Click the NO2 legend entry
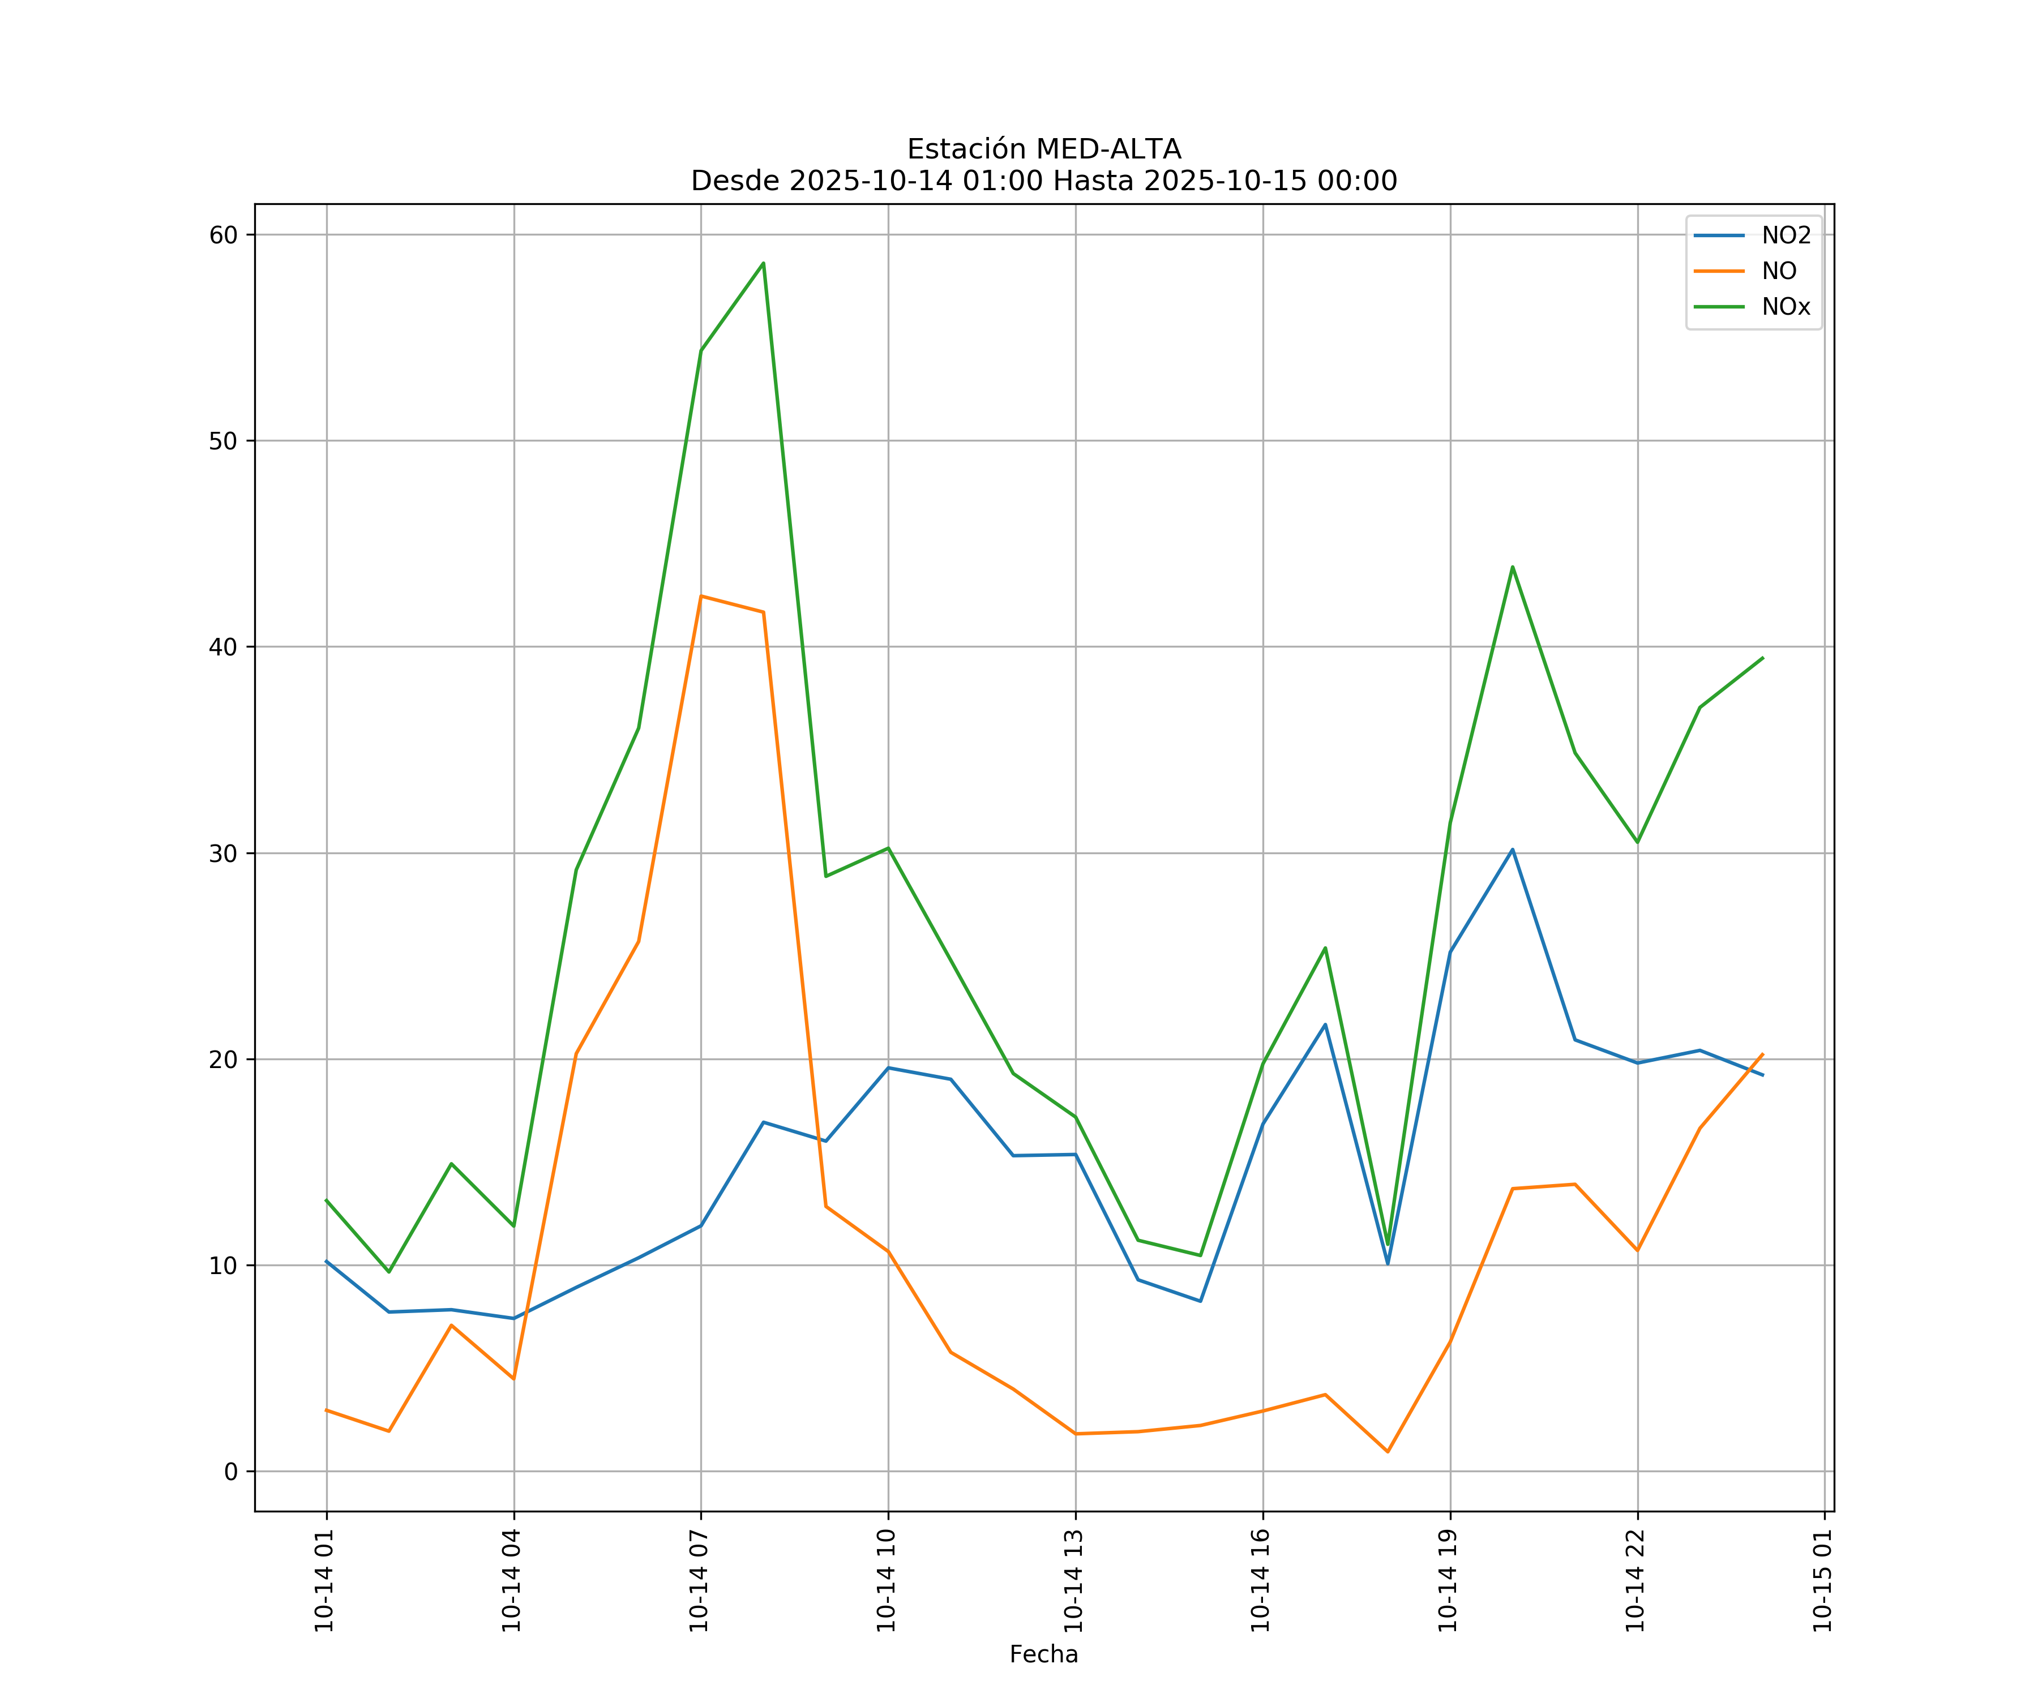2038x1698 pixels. tap(1786, 236)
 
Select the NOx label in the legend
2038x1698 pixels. tap(1786, 307)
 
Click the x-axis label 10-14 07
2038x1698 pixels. tap(699, 1581)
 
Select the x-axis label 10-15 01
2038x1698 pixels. tap(1822, 1581)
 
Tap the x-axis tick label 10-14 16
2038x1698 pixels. tap(1261, 1581)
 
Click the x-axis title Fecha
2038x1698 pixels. tap(1043, 1654)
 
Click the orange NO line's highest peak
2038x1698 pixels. tap(701, 596)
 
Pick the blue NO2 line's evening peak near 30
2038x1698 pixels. tap(1512, 850)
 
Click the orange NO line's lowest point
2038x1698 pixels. tap(1388, 1452)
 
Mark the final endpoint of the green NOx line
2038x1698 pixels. tap(1762, 658)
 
